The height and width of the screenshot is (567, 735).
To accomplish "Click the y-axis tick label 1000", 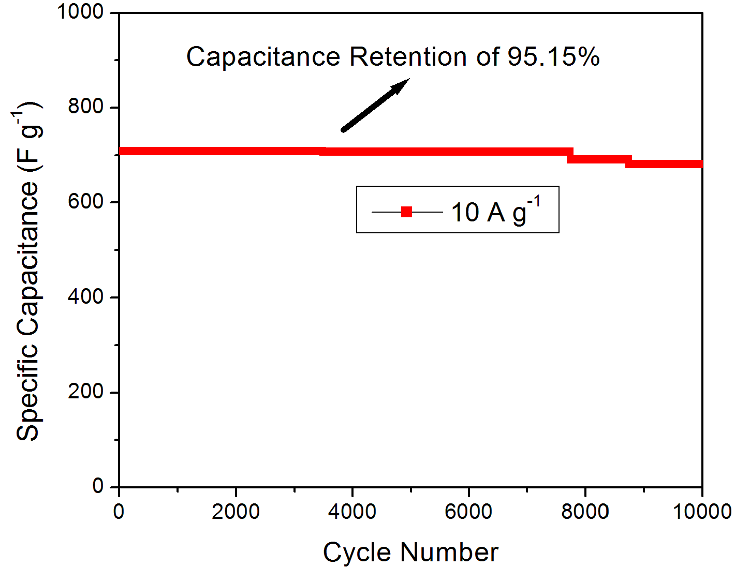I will coord(80,11).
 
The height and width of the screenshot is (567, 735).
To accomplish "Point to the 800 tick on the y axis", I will coord(86,107).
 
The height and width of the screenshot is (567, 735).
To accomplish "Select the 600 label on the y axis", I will coord(86,202).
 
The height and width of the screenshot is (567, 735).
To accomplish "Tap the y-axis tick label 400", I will coord(86,297).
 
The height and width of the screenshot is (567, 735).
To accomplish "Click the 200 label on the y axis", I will coord(86,392).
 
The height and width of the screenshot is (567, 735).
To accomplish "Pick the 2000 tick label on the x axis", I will coord(236,512).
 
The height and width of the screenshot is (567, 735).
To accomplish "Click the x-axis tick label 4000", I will coord(352,512).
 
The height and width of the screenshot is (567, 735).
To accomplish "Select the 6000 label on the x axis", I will coord(468,512).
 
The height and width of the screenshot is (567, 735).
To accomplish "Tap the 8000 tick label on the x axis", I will coord(585,512).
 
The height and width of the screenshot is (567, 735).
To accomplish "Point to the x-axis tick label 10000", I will coord(702,512).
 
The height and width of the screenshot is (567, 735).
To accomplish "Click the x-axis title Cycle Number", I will coord(410,552).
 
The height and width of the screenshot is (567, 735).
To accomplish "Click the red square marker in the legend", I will coord(407,212).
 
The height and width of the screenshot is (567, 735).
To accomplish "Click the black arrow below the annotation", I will coord(375,105).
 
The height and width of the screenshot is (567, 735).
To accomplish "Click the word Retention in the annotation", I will coord(408,56).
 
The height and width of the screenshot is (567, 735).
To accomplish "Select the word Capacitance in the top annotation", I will coord(263,56).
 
